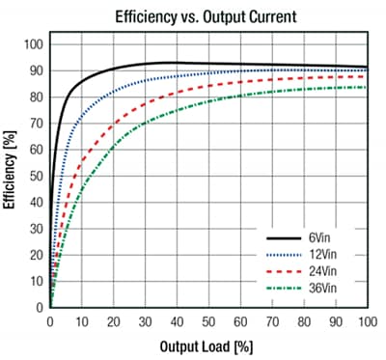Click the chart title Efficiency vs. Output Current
click(x=207, y=16)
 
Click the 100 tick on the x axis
click(x=365, y=321)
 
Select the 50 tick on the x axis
click(x=207, y=321)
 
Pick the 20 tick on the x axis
click(x=113, y=321)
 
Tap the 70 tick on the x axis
click(x=270, y=321)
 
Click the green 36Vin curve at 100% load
click(x=365, y=88)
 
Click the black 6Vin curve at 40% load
click(x=176, y=63)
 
